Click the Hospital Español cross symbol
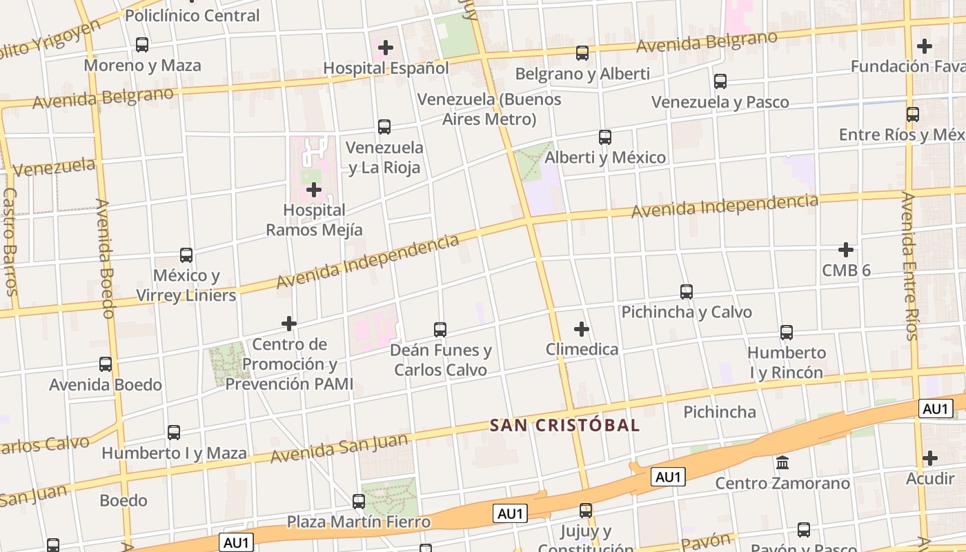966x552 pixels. tap(386, 48)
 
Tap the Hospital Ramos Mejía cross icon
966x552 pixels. tap(314, 189)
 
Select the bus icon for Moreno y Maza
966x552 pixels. tap(142, 45)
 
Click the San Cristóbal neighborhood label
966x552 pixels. tap(564, 425)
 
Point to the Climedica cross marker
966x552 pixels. tap(582, 328)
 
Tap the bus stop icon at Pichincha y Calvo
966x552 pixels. tap(686, 291)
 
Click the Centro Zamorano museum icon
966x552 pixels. tap(782, 462)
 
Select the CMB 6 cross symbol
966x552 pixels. tap(846, 249)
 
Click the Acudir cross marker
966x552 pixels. tap(930, 457)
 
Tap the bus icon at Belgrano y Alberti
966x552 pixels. tap(582, 53)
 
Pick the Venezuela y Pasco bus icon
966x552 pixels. tap(720, 81)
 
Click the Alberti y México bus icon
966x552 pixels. tap(605, 137)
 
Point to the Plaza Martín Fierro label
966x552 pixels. tap(359, 521)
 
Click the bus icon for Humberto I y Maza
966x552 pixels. tap(174, 433)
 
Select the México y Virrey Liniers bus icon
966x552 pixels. tap(186, 255)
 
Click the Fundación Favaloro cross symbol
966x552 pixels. tap(925, 46)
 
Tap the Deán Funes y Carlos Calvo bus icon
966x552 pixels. tap(440, 330)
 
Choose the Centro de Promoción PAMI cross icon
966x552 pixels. tap(289, 323)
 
